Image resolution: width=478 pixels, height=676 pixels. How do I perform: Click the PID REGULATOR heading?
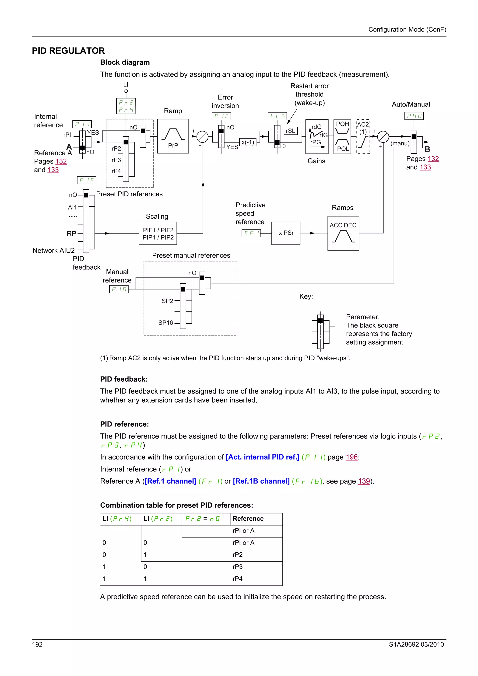[68, 51]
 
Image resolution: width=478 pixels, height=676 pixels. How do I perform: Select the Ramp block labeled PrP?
[173, 136]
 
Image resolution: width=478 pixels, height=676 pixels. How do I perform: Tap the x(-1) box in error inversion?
[248, 143]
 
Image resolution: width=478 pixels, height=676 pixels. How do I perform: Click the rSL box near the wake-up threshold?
[290, 131]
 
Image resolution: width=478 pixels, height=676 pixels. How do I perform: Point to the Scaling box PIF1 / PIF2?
[158, 233]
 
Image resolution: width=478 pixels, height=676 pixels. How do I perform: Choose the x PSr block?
[286, 233]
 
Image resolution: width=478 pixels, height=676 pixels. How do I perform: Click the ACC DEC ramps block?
[343, 233]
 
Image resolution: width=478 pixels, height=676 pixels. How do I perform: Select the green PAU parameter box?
[414, 116]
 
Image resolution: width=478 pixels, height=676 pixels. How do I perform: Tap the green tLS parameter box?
[277, 116]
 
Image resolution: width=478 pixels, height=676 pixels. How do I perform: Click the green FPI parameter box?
[251, 233]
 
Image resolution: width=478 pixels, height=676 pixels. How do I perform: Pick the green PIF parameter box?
[86, 180]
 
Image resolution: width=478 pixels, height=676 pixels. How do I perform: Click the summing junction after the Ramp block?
[202, 137]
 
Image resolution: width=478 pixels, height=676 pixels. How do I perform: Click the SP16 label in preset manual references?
[165, 323]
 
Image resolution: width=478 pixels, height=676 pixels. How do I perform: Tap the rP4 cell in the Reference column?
[238, 579]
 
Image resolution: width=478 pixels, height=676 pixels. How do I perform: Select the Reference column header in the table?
[248, 519]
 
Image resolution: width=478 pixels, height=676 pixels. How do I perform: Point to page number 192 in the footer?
[37, 645]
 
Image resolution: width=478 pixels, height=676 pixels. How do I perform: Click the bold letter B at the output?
[427, 149]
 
